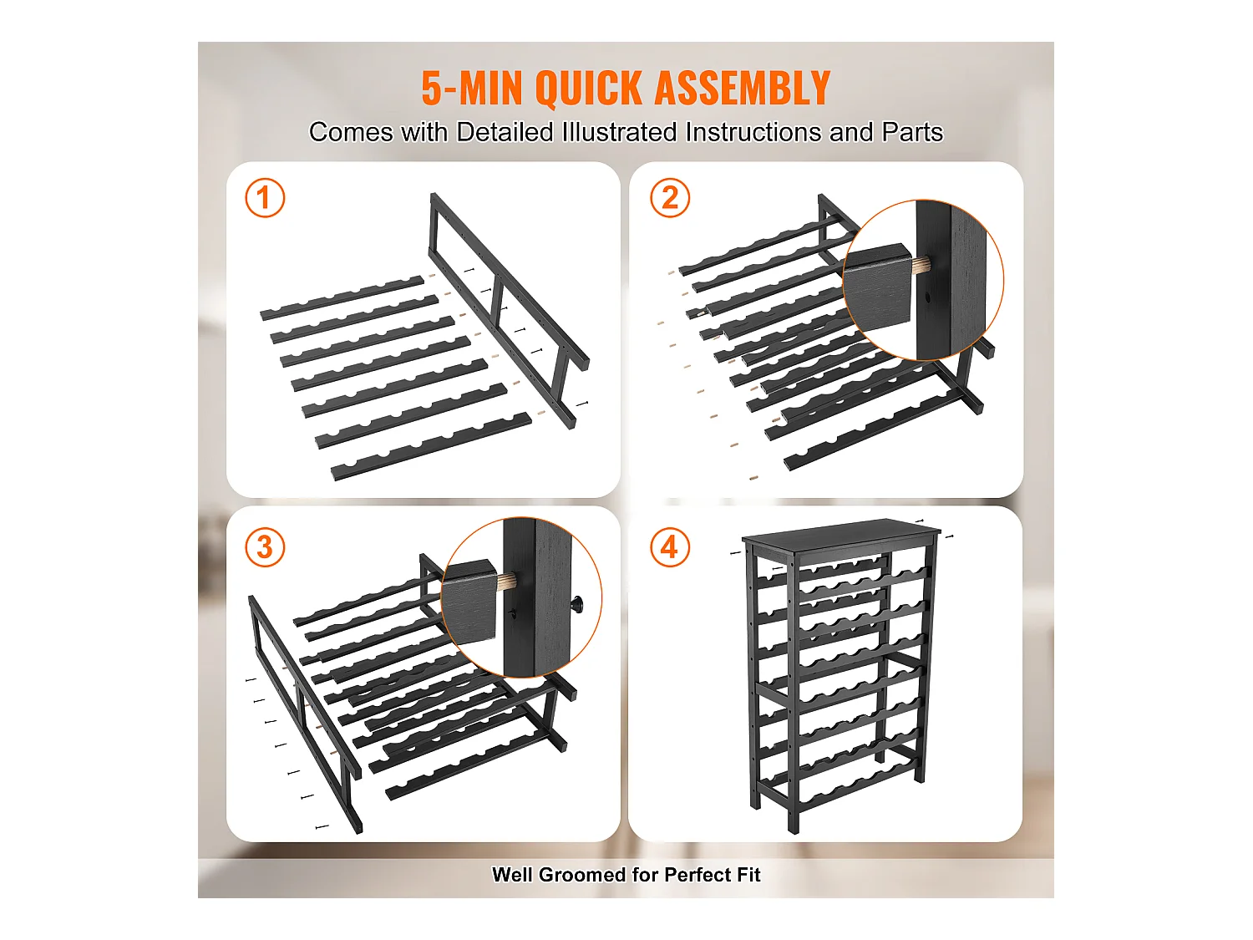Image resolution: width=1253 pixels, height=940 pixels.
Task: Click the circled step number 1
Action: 265,198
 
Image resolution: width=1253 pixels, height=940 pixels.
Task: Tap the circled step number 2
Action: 670,198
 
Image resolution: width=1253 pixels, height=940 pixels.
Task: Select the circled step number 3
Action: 265,546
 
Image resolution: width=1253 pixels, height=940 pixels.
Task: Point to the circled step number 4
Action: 670,546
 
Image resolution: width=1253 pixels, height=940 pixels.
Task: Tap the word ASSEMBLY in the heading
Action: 742,88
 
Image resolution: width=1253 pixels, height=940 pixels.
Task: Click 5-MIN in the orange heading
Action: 472,88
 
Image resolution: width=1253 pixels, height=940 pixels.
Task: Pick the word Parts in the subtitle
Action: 912,132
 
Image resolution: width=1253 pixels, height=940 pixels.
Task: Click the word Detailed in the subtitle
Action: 505,132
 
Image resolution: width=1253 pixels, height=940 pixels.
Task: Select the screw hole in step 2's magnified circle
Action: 927,298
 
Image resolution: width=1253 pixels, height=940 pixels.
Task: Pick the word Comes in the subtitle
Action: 351,132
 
